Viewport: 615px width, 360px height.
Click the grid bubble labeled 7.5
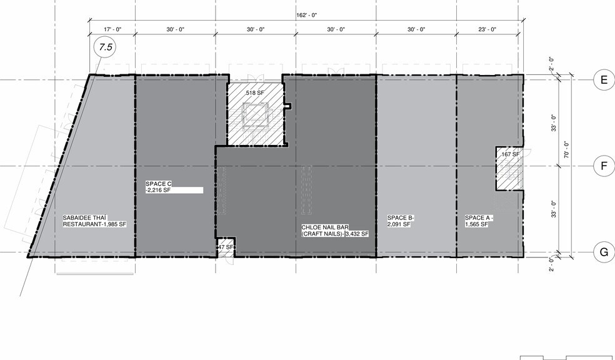coord(106,47)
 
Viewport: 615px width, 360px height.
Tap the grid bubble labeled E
coord(604,80)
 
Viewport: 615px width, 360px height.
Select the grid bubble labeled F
coord(604,166)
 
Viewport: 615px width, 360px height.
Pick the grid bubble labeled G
coord(604,252)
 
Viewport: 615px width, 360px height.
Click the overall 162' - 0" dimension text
coord(306,15)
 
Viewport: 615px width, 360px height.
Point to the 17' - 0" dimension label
coord(113,29)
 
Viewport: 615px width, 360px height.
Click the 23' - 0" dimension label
coord(487,29)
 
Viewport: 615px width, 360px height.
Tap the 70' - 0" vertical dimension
coord(566,150)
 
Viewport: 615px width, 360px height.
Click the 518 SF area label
coord(255,93)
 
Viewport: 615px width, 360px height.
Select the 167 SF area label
coord(510,154)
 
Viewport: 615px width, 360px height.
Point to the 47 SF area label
coord(226,247)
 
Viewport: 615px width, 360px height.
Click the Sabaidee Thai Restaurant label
coord(94,221)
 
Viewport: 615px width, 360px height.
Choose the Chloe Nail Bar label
coord(335,231)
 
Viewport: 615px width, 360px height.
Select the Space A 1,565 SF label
coord(479,221)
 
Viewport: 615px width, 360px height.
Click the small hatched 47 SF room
coord(226,247)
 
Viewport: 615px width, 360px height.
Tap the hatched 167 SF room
coord(509,169)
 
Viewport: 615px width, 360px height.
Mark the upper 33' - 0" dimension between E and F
coord(554,123)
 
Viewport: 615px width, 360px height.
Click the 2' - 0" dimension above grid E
coord(551,64)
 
